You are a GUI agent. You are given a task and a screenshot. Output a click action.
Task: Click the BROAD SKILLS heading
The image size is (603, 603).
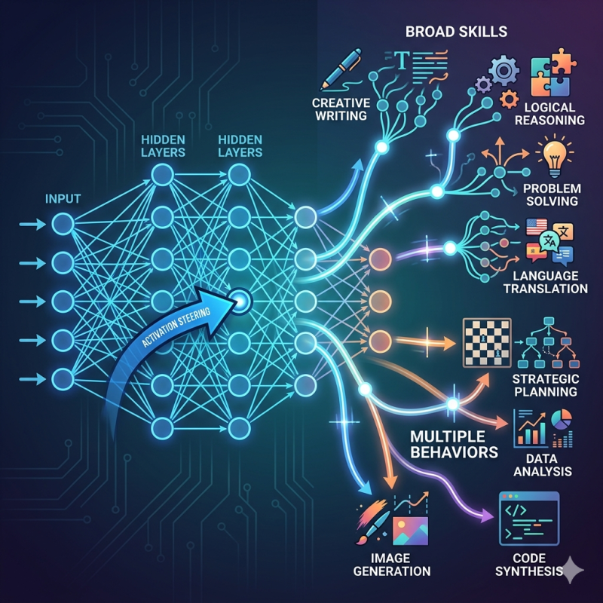(457, 32)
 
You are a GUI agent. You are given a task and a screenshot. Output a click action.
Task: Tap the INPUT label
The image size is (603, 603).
(63, 199)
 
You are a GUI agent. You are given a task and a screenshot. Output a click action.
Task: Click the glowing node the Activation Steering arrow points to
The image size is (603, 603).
(240, 301)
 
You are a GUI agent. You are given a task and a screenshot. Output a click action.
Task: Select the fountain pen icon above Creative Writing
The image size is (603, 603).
(341, 69)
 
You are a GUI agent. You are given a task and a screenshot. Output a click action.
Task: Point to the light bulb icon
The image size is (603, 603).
(554, 158)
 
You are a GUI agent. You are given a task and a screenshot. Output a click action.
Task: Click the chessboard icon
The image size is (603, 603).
(487, 342)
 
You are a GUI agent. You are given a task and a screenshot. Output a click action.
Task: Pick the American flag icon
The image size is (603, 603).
(537, 227)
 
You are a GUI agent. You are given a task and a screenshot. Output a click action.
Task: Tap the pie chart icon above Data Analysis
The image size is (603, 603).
(562, 419)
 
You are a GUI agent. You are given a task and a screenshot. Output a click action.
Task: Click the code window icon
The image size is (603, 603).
(529, 519)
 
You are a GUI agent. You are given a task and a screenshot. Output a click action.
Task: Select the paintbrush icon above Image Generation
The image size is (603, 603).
(372, 522)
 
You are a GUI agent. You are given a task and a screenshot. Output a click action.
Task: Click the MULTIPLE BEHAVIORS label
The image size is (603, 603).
(454, 444)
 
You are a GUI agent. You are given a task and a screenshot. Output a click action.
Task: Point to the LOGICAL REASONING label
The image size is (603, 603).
(549, 114)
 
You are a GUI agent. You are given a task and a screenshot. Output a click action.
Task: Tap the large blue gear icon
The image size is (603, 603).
(504, 70)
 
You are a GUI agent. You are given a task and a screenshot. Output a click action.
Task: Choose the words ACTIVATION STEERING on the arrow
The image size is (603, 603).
(176, 327)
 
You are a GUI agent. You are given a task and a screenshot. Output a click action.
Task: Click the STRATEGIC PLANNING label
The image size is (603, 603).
(545, 385)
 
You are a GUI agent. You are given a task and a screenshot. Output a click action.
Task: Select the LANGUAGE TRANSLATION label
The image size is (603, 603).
(545, 282)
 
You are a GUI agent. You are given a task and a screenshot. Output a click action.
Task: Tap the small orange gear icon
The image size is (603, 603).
(510, 99)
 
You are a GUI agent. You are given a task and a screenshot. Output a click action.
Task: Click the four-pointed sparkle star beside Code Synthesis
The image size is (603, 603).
(571, 570)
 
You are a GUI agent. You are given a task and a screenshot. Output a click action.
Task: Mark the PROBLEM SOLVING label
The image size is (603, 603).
(552, 194)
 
